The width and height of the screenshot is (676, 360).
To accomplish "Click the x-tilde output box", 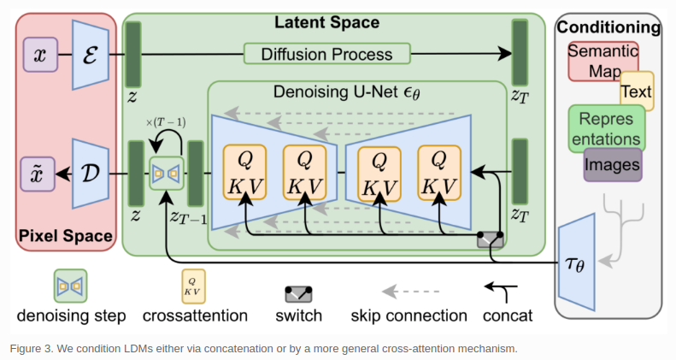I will click(x=39, y=174).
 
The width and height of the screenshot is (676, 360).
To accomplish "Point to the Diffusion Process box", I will click(x=328, y=54).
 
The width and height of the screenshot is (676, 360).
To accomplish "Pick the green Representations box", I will click(x=606, y=128).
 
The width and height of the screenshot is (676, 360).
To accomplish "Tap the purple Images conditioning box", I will click(x=613, y=165).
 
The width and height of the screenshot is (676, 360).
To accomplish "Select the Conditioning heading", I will click(x=608, y=27).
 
